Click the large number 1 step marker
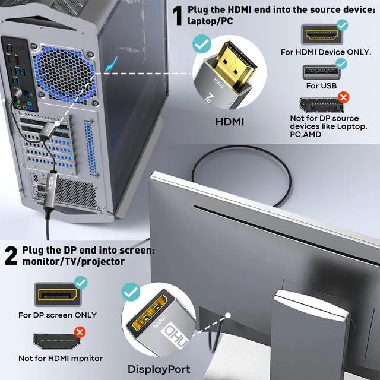[x=177, y=16]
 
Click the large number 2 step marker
[x=11, y=256]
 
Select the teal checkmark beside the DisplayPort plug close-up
[x=130, y=292]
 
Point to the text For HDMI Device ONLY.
[x=326, y=52]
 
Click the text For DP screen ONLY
[x=57, y=315]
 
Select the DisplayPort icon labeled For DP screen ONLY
[x=57, y=294]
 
